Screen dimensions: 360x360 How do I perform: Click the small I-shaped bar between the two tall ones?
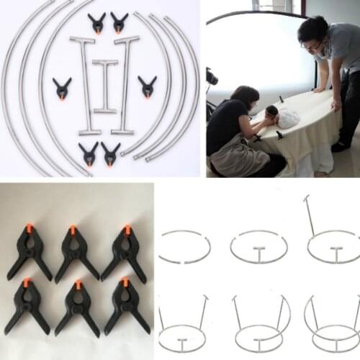pos(104,86)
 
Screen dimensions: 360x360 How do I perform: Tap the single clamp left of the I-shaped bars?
pos(62,89)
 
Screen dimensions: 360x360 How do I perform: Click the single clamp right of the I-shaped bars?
pos(148,86)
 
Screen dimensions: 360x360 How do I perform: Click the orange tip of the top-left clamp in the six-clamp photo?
pos(29,228)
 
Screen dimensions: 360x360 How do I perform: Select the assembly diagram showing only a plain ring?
pos(184,247)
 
